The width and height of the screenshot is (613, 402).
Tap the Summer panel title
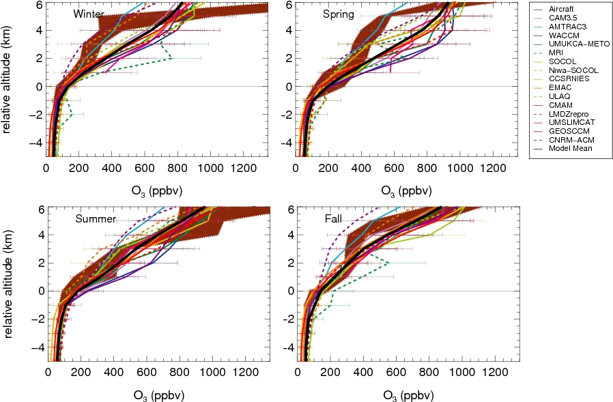point(96,218)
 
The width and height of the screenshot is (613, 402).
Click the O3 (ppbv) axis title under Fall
point(409,394)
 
